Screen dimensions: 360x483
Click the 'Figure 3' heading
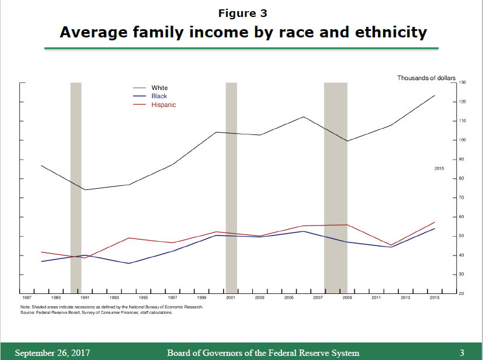pos(242,13)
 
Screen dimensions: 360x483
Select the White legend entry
pos(159,88)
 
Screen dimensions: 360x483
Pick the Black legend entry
pos(159,96)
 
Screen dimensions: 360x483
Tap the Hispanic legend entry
pos(164,105)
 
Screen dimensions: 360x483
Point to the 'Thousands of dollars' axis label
pos(426,78)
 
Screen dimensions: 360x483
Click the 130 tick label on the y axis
pos(461,83)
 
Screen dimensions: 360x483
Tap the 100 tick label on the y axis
pos(461,140)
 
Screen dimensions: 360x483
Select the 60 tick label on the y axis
pos(461,217)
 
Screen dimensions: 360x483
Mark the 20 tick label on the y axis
pos(461,293)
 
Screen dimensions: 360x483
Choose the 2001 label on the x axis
pos(231,298)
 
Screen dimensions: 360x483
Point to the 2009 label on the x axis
pos(347,298)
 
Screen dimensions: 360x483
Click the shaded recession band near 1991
pos(76,187)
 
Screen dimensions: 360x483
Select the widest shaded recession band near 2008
pos(336,187)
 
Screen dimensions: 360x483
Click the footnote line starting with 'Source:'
pos(96,313)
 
